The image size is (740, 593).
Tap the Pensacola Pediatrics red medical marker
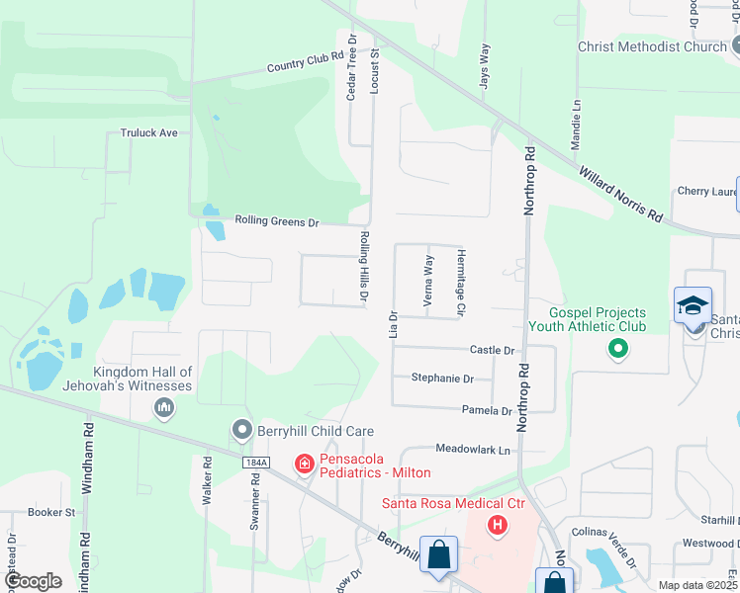[x=305, y=463]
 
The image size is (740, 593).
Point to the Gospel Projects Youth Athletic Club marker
[x=618, y=348]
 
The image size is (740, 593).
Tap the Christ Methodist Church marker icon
[x=735, y=45]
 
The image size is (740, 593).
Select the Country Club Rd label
[x=305, y=62]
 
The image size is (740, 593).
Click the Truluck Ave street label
[x=148, y=132]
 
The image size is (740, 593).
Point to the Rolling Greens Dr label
[x=277, y=222]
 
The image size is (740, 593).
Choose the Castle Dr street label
[x=493, y=350]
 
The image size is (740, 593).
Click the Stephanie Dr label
[x=442, y=379]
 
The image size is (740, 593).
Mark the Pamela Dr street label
[x=486, y=410]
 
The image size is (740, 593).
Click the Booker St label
[x=51, y=512]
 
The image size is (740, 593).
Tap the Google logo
[x=33, y=581]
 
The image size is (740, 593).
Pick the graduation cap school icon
[x=693, y=306]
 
